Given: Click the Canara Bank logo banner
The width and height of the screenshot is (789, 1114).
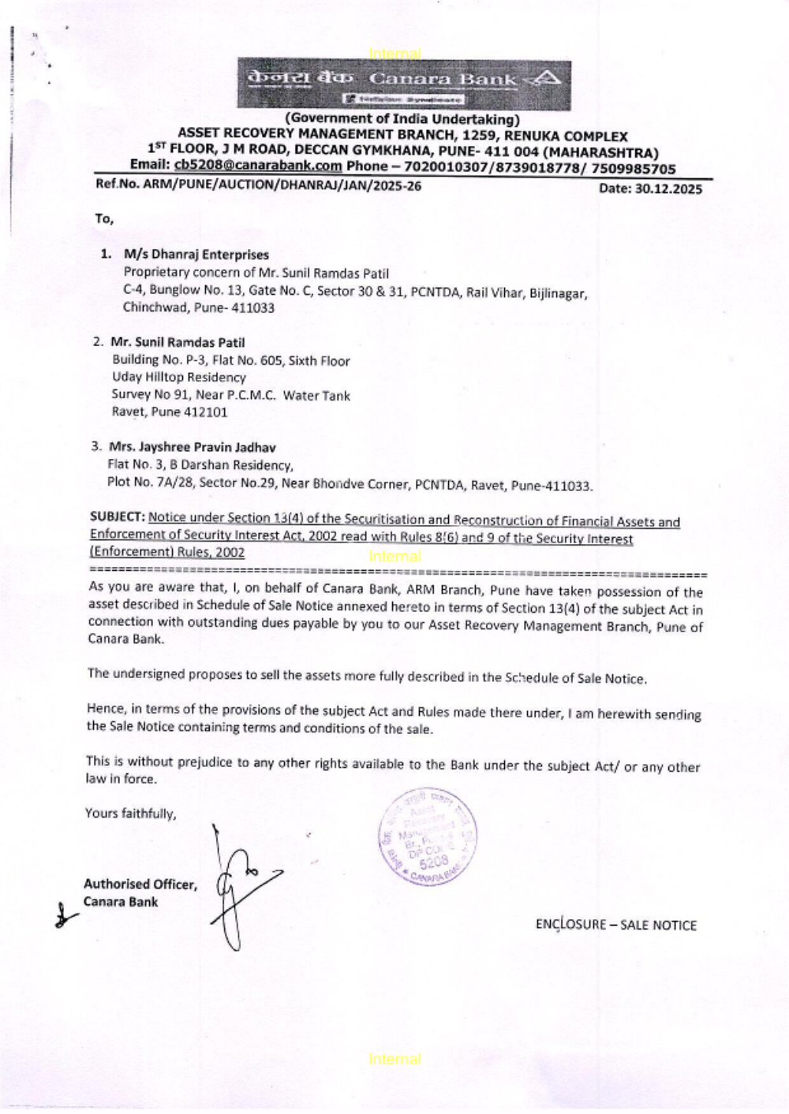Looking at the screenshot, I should (x=404, y=84).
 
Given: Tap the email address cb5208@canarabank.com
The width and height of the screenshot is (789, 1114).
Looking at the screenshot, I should (x=258, y=166).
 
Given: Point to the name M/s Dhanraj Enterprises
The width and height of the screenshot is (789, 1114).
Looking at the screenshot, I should (x=196, y=255).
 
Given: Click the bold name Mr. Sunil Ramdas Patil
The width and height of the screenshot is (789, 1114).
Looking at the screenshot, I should (x=178, y=342).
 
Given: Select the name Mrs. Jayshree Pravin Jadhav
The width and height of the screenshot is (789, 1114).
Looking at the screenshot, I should (x=192, y=447).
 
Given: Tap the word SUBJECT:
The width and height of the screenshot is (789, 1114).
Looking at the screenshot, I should (x=118, y=517).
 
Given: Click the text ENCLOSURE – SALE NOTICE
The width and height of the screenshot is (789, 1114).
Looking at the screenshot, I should (x=615, y=925).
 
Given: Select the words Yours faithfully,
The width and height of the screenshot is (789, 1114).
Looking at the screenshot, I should (x=131, y=814).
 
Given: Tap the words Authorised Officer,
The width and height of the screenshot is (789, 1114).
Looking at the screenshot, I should (x=140, y=885).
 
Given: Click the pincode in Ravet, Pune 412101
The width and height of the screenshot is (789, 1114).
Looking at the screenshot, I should (x=205, y=412).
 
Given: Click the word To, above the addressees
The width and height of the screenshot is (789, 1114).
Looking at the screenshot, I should (x=104, y=219).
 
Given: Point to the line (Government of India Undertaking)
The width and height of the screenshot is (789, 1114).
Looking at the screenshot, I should (x=402, y=119).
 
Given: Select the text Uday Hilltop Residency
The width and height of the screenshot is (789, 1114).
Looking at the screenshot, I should (x=178, y=378).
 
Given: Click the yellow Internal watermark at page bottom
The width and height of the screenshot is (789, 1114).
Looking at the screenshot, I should (x=394, y=1060).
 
